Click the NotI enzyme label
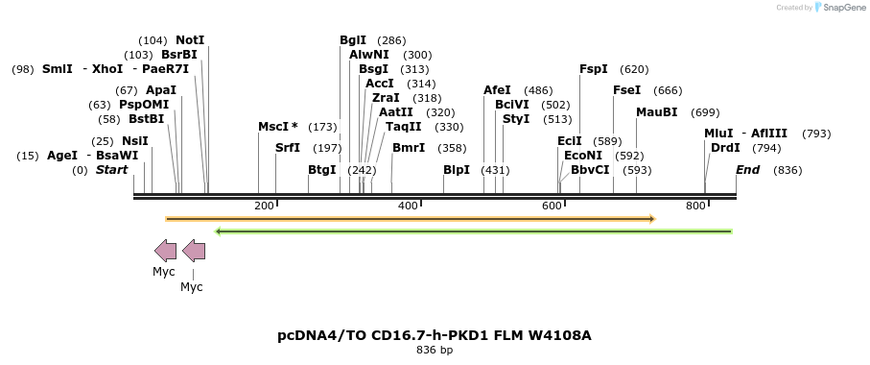pyautogui.click(x=190, y=40)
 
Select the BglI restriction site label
pyautogui.click(x=353, y=40)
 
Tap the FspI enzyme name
pyautogui.click(x=594, y=69)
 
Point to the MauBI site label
pyautogui.click(x=656, y=112)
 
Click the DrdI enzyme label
pyautogui.click(x=725, y=148)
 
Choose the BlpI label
pyautogui.click(x=457, y=170)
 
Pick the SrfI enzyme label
pyautogui.click(x=288, y=148)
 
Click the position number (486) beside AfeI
pyautogui.click(x=538, y=90)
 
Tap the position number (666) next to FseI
pyautogui.click(x=668, y=90)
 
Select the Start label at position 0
pyautogui.click(x=111, y=170)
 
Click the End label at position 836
pyautogui.click(x=748, y=170)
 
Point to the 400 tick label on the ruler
pyautogui.click(x=408, y=206)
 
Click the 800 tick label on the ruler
pyautogui.click(x=695, y=206)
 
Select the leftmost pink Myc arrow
pyautogui.click(x=165, y=252)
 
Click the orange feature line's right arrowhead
pyautogui.click(x=651, y=219)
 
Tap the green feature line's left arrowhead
pyautogui.click(x=220, y=231)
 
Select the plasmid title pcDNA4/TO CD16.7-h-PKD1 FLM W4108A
pyautogui.click(x=435, y=335)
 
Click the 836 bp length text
pyautogui.click(x=435, y=350)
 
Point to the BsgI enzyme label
pyautogui.click(x=373, y=69)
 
